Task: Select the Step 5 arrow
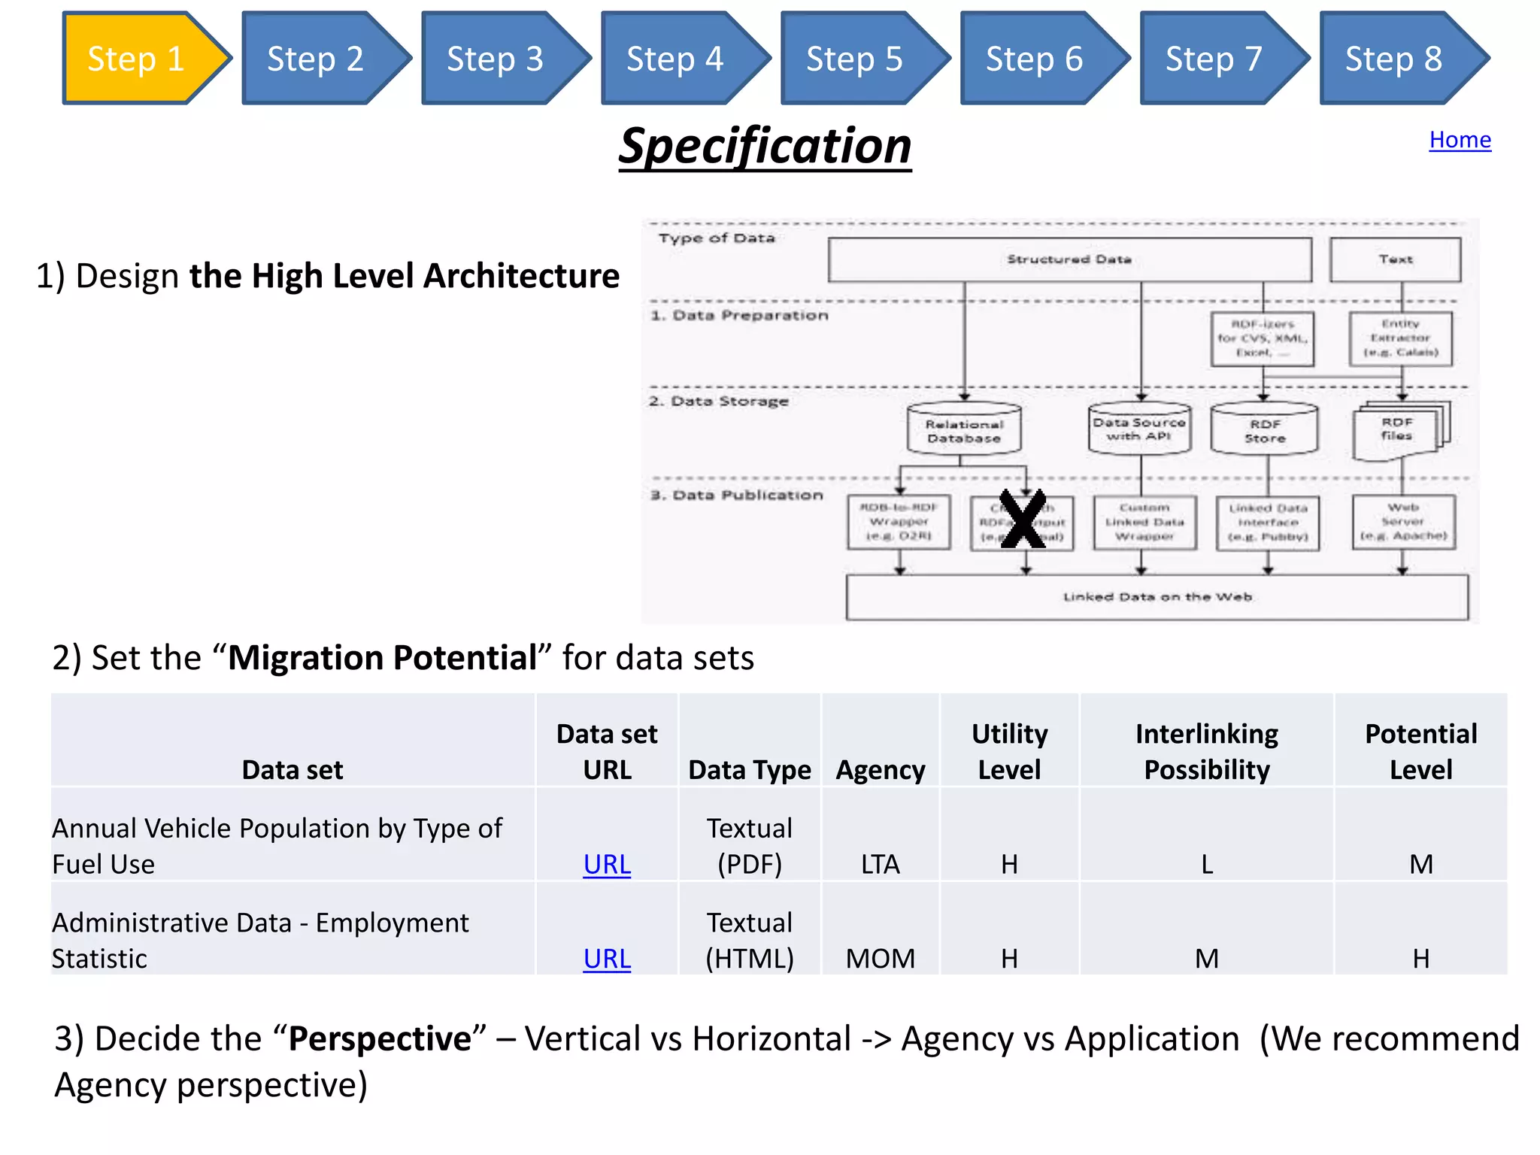click(x=855, y=59)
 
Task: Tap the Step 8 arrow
click(x=1394, y=59)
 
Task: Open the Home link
click(x=1460, y=140)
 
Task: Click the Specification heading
click(x=765, y=146)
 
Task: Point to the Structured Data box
click(x=1069, y=259)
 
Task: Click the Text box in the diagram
click(x=1396, y=259)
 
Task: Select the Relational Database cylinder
click(x=964, y=431)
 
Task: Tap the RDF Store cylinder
click(x=1265, y=431)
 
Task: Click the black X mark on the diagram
click(x=1023, y=519)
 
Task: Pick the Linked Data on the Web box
click(x=1157, y=597)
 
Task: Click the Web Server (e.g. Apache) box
click(x=1403, y=522)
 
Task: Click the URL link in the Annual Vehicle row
click(x=607, y=865)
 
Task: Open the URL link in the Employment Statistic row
click(x=607, y=959)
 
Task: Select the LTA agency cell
click(x=880, y=865)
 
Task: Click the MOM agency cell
click(x=880, y=959)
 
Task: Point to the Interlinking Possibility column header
click(x=1206, y=751)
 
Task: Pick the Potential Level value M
click(x=1420, y=865)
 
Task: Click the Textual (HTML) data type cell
click(x=749, y=941)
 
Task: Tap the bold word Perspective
click(x=380, y=1039)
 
